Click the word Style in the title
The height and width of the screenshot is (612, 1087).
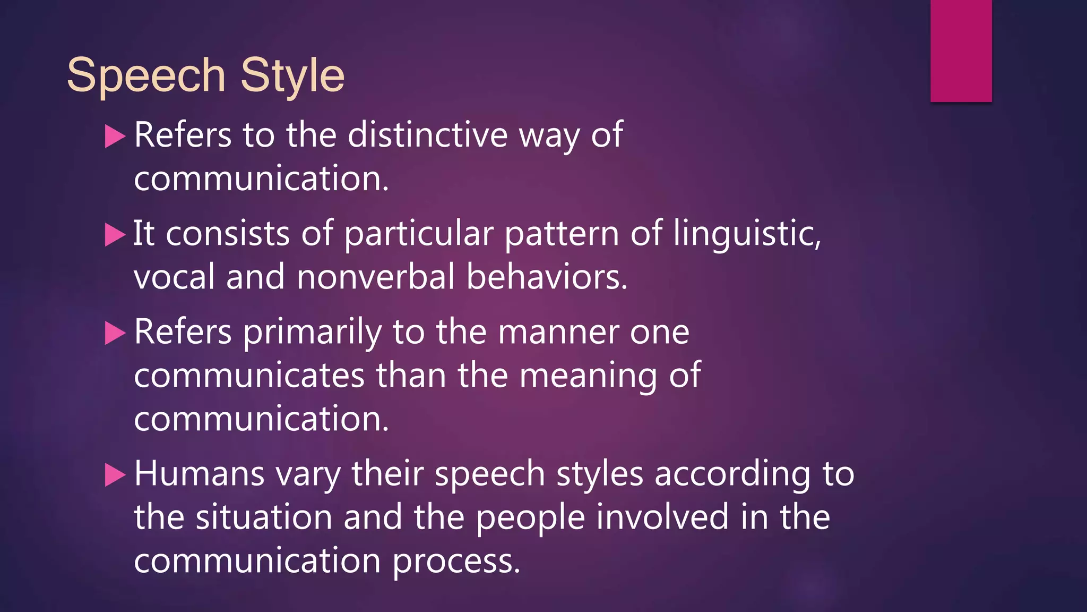click(x=292, y=75)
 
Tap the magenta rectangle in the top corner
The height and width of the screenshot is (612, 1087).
click(x=961, y=50)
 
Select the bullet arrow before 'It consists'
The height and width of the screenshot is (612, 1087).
click(x=115, y=234)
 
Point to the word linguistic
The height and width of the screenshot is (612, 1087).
click(x=746, y=234)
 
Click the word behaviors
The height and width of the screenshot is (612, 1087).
click(x=547, y=277)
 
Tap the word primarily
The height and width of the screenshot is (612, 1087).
click(x=312, y=332)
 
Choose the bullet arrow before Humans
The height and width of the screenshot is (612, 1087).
click(x=115, y=474)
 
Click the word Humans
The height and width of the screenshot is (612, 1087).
click(x=199, y=473)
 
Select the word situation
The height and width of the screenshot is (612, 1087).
click(x=264, y=517)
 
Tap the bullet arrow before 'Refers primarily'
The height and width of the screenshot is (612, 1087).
click(x=115, y=333)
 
